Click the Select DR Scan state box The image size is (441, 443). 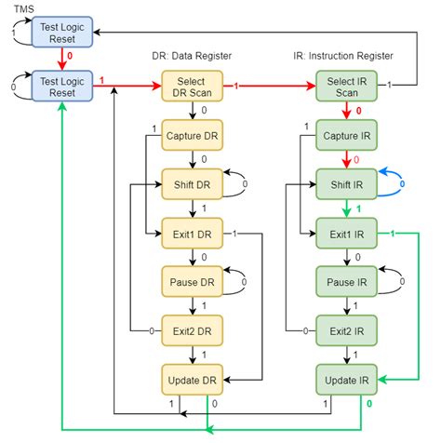click(x=191, y=87)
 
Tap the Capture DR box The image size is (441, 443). click(x=191, y=135)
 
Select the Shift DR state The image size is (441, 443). click(x=191, y=183)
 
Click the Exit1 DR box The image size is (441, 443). click(x=191, y=232)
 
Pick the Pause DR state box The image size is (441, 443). click(x=191, y=280)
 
